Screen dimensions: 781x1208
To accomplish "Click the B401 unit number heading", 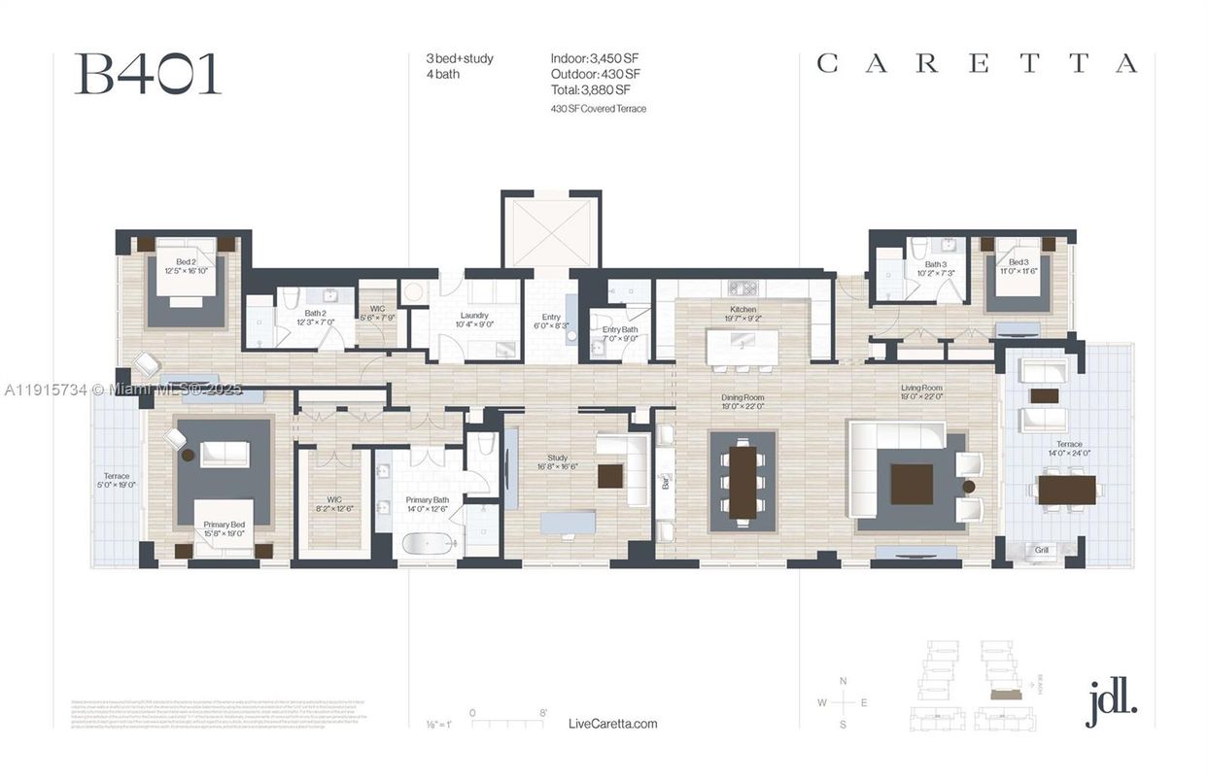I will (x=148, y=75).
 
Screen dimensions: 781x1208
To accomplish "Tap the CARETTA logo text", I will (x=976, y=64).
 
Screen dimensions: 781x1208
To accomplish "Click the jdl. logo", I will (x=1112, y=699).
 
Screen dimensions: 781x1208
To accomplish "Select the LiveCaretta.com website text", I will (x=612, y=724).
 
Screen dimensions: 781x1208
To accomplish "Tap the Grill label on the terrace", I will (x=1041, y=550).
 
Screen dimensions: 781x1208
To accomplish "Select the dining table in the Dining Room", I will (x=742, y=482).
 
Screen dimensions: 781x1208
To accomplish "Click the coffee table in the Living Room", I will (x=911, y=484).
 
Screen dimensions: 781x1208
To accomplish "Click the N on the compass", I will (x=843, y=681).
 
